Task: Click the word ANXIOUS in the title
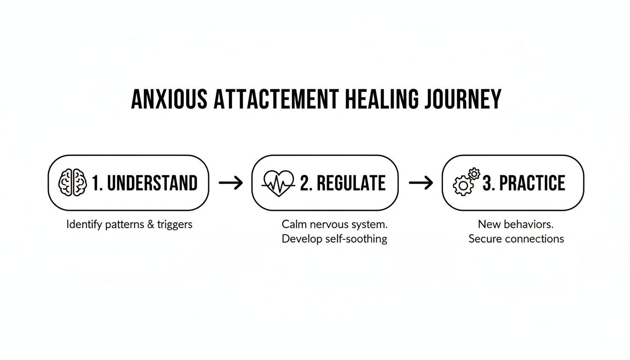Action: coord(169,99)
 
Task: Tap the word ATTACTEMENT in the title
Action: coord(274,99)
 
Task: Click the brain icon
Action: coord(73,183)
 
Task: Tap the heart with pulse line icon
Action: coord(279,183)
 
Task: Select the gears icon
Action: coord(465,183)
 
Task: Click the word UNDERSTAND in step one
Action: coord(152,183)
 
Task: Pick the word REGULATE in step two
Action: coord(351,183)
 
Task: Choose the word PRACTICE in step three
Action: coord(532,183)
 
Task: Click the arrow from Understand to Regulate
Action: coord(231,183)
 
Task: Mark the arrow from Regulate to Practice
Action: coord(421,183)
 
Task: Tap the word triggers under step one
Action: coord(175,224)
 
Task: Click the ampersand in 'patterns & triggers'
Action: coord(150,224)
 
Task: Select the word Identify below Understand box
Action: coord(83,224)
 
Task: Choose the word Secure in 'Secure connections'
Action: coord(485,239)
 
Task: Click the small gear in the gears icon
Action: coord(474,174)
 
